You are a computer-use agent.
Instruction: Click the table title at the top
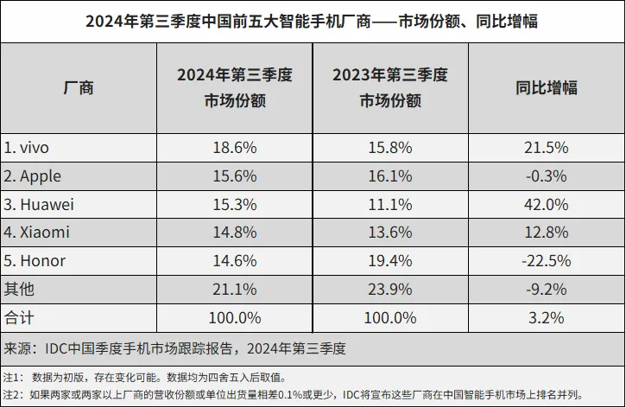312,21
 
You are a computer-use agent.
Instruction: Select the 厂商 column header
79,87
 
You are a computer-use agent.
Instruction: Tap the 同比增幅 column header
547,87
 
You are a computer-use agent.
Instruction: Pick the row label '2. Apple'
33,175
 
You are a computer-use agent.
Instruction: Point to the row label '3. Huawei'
39,204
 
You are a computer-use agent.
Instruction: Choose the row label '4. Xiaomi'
36,233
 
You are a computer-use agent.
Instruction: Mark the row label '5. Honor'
35,260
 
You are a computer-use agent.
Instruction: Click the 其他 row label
19,289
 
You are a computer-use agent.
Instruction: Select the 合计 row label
19,317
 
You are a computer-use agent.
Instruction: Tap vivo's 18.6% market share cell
234,147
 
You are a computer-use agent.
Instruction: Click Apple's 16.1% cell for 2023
390,175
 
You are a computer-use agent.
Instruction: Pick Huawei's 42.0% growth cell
547,204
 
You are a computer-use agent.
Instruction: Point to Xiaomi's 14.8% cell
234,233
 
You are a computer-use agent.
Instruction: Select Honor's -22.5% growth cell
547,260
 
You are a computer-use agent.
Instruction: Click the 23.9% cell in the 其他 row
390,289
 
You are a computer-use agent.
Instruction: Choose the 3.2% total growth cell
547,317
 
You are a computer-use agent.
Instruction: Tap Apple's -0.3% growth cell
547,175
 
